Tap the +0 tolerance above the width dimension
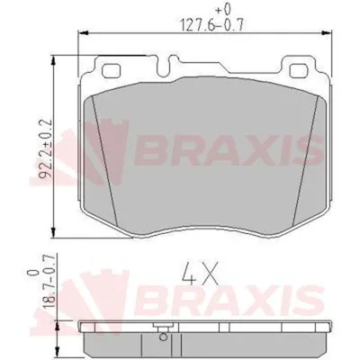point(223,10)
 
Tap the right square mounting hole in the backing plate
point(300,70)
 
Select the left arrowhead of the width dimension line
point(83,32)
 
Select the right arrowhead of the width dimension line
point(327,32)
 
